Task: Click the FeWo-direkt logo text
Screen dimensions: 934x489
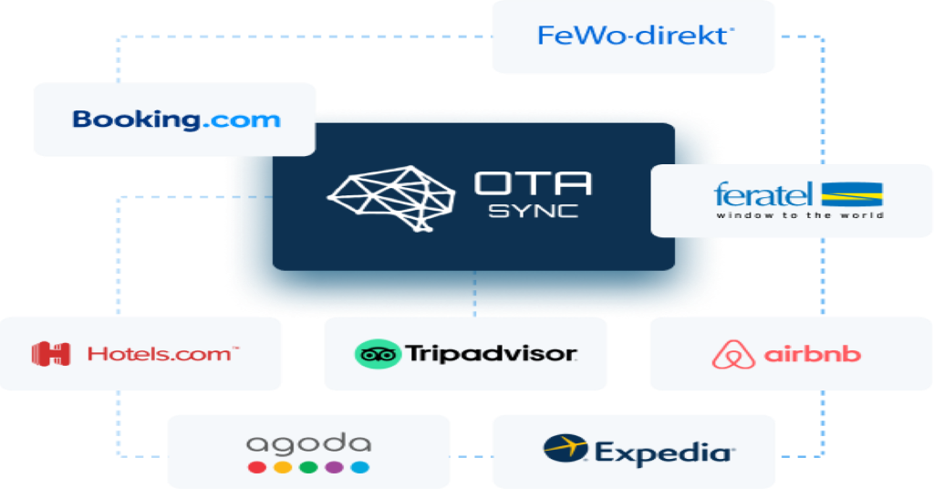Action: (635, 36)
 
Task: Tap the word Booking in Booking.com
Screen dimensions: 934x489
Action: (136, 120)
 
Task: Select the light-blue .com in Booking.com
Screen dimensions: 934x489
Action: (241, 120)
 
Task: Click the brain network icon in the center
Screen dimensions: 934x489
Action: (390, 198)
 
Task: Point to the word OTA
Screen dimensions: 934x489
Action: (533, 183)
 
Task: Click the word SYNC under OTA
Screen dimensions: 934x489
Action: (533, 211)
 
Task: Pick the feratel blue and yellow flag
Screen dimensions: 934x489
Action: (852, 194)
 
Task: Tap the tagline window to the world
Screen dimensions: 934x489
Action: (800, 215)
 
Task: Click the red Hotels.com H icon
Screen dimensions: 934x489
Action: (51, 354)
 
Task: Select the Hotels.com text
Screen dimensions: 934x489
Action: (162, 354)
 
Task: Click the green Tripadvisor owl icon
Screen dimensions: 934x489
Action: (378, 354)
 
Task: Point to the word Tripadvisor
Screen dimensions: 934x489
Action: (492, 354)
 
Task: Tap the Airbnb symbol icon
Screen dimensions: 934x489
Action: (733, 354)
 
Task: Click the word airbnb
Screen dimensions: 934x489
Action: (813, 354)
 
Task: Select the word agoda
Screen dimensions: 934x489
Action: (308, 444)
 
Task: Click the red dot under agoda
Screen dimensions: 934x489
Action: (256, 467)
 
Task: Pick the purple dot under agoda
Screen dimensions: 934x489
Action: (334, 467)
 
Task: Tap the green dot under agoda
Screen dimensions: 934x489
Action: (308, 467)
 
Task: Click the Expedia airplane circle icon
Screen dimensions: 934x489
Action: (566, 448)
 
